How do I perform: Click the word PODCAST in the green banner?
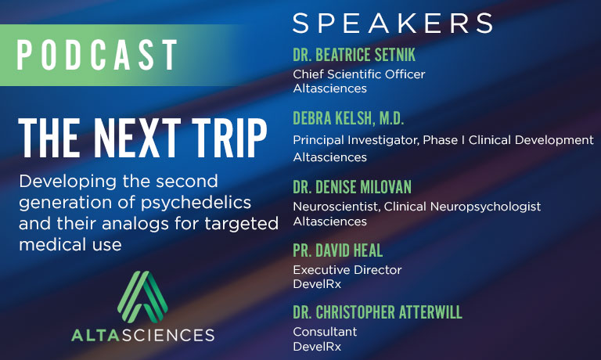tap(97, 55)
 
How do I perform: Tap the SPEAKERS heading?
tap(393, 23)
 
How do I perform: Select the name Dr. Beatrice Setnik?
tap(354, 55)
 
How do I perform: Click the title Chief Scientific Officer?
tap(358, 74)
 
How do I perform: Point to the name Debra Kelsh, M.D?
tap(348, 118)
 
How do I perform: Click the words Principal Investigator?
tap(355, 140)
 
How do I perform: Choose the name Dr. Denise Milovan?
tap(352, 187)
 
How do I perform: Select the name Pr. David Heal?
tap(338, 250)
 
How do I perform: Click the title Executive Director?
tap(347, 270)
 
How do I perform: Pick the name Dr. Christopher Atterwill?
tap(377, 312)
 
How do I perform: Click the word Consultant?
tap(325, 332)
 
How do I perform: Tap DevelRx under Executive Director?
tap(317, 284)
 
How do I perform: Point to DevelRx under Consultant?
tap(317, 347)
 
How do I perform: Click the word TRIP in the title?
tap(229, 138)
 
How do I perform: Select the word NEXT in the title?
tap(137, 138)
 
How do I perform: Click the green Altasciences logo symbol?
tap(142, 297)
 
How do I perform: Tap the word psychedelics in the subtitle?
tap(196, 203)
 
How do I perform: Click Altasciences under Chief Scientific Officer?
tap(329, 88)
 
